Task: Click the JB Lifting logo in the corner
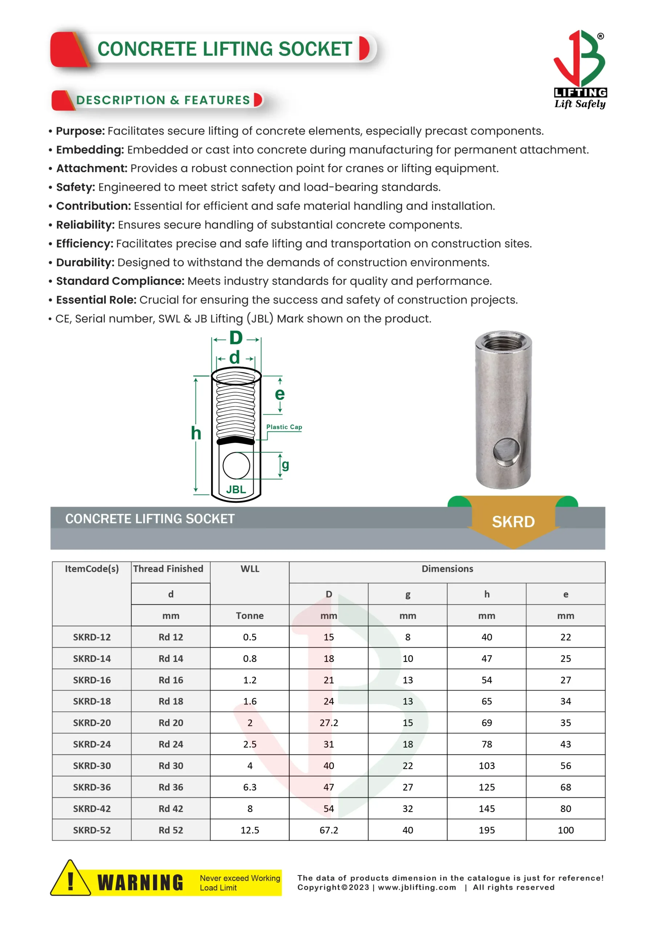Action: click(x=580, y=69)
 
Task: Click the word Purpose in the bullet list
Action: click(x=80, y=131)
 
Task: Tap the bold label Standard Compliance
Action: click(x=120, y=281)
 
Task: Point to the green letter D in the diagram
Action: click(x=236, y=338)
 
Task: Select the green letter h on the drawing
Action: click(x=196, y=433)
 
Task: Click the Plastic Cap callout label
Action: click(x=284, y=427)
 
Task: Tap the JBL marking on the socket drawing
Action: click(x=236, y=489)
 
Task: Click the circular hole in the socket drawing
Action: click(x=236, y=466)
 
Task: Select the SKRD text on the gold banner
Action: click(x=513, y=522)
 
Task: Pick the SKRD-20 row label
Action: click(x=92, y=723)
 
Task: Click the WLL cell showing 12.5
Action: click(x=250, y=830)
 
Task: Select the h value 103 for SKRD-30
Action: click(x=487, y=765)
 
